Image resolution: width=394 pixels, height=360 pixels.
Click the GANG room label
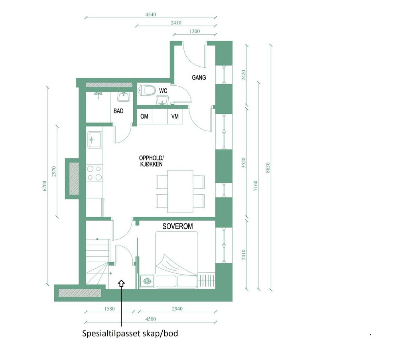(x=199, y=77)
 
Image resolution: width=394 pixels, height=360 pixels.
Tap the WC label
(x=163, y=91)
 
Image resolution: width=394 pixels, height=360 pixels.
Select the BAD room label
(x=118, y=111)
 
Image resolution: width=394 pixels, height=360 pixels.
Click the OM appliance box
(x=144, y=117)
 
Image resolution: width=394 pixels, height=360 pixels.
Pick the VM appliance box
(x=175, y=117)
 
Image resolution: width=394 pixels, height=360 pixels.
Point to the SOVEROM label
(x=177, y=226)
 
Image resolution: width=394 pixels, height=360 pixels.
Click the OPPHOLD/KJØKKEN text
(x=151, y=161)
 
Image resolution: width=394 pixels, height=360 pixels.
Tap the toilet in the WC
(x=146, y=90)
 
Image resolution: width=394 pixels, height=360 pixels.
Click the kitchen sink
(x=95, y=140)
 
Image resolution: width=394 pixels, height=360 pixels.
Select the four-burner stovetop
(x=95, y=173)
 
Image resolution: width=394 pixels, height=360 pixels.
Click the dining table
(x=180, y=191)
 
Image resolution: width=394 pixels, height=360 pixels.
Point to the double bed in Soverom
(x=176, y=260)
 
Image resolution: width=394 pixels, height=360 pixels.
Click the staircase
(x=97, y=261)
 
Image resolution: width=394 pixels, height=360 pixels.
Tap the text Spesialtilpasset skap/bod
(x=130, y=334)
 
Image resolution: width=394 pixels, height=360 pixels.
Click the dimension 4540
(x=150, y=15)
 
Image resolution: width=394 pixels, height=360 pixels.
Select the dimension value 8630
(x=268, y=168)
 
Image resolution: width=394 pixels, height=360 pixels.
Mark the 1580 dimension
(x=109, y=309)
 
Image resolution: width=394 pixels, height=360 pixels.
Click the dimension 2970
(x=54, y=172)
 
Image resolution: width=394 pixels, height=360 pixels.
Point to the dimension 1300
(x=195, y=31)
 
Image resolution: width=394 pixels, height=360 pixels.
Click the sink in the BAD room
(x=123, y=97)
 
